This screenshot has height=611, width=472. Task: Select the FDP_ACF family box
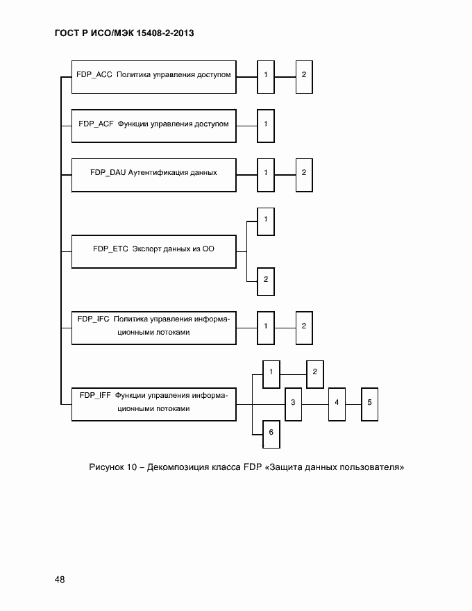point(153,125)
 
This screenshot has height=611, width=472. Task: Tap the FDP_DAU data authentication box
point(153,174)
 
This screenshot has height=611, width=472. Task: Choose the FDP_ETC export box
point(153,251)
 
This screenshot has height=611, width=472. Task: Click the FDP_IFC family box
point(153,326)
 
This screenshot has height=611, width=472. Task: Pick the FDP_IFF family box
point(153,403)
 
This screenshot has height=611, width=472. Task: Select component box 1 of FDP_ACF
point(265,125)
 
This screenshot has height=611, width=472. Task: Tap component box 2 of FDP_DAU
point(304,174)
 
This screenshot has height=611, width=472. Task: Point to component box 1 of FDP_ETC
point(265,221)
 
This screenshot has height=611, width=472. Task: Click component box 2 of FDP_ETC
point(265,281)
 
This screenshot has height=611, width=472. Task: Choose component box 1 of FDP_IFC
point(265,326)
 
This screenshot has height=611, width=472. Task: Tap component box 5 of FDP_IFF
point(370,403)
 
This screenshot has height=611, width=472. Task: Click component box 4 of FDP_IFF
point(337,403)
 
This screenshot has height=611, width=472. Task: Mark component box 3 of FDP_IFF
point(293,403)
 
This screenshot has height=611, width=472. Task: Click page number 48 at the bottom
point(59,580)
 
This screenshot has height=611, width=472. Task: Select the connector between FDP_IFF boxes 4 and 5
point(353,403)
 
